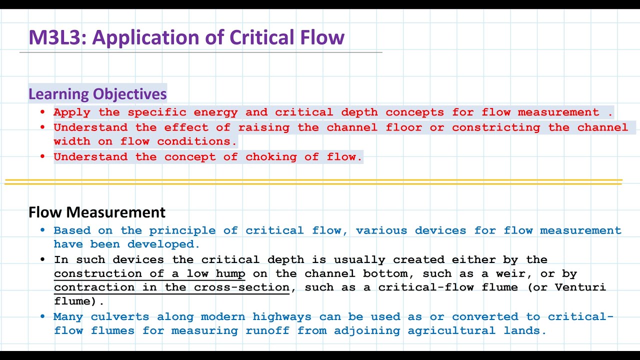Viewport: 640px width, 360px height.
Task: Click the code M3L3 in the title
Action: tap(56, 38)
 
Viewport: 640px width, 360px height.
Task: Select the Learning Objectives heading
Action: tap(97, 94)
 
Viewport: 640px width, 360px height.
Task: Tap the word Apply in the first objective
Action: tap(72, 112)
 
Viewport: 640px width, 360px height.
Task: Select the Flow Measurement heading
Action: tap(97, 212)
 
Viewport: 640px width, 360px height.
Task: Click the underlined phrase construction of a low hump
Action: tap(149, 274)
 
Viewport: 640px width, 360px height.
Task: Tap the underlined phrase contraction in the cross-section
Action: tap(171, 288)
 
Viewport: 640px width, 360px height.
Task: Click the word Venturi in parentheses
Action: tap(584, 287)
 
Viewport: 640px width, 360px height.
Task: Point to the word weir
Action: tap(516, 274)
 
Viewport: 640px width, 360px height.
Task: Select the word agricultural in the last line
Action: tap(451, 331)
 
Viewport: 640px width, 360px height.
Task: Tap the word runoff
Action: tap(271, 331)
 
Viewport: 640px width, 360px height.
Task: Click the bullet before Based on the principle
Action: tap(42, 230)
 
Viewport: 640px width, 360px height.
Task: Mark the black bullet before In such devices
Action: tap(42, 260)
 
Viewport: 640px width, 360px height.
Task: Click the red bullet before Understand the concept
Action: tap(42, 157)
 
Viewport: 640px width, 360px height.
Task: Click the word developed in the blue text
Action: tap(163, 244)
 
